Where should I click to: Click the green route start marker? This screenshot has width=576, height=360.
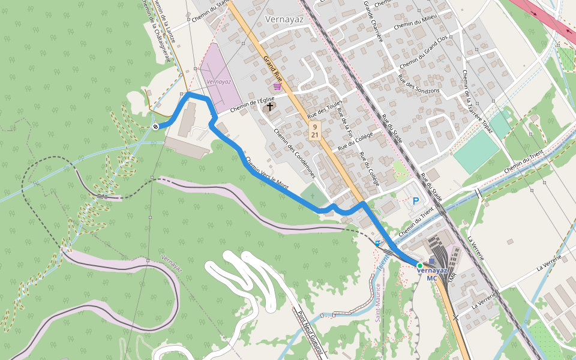420,265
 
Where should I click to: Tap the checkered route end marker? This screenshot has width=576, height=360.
155,126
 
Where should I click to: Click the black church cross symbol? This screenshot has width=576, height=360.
270,107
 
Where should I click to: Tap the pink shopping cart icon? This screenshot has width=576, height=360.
277,86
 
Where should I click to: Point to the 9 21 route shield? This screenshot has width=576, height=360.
315,131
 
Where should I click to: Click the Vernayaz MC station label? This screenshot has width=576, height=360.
432,274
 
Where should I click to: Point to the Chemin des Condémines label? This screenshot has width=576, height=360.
294,154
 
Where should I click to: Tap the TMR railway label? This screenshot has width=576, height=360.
452,280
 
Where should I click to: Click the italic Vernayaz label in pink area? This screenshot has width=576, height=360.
218,81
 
